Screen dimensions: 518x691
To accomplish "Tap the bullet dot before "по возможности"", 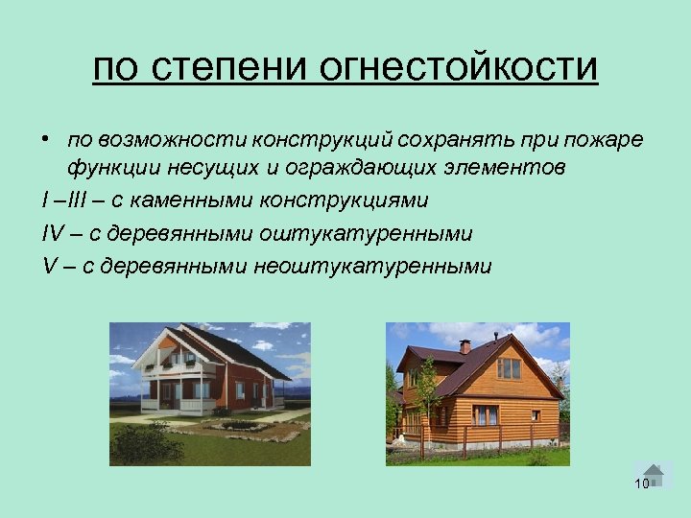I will pos(45,140).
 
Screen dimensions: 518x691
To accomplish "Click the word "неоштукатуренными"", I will pos(372,266).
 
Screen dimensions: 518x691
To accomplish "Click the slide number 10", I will pos(642,483).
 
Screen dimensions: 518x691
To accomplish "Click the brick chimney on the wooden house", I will pos(465,345).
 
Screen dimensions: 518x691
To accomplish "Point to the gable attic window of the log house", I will pos(509,368).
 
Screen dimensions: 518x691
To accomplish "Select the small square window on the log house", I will pos(536,415).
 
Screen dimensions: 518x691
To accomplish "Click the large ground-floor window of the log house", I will pos(486,415).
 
